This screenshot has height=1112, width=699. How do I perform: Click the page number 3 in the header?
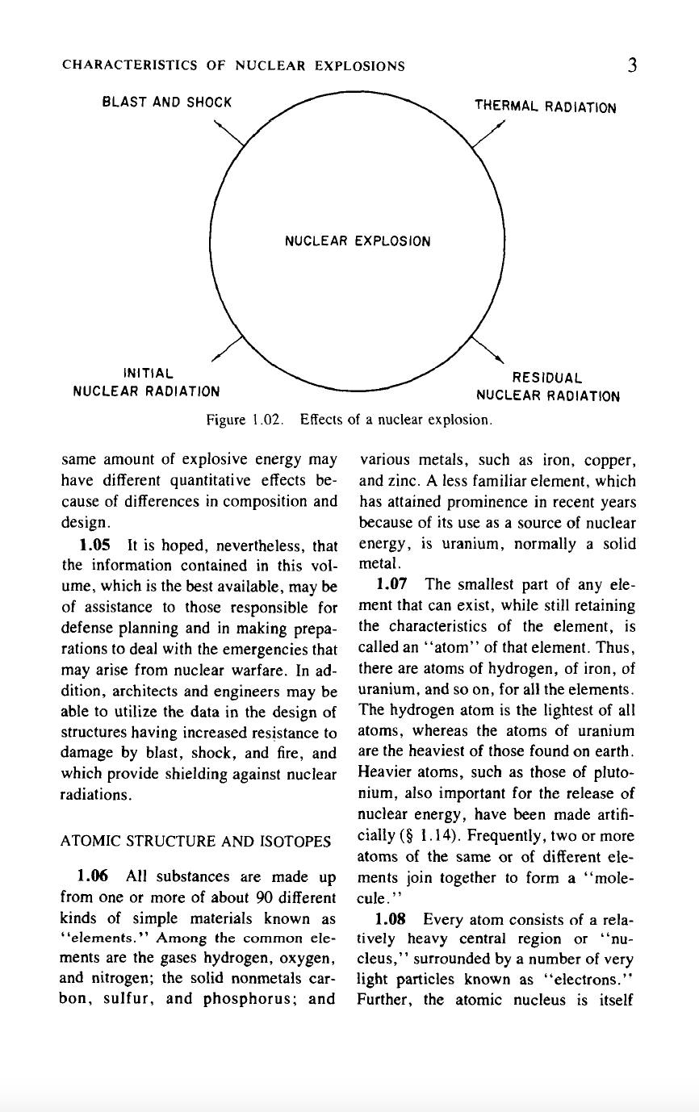(x=631, y=65)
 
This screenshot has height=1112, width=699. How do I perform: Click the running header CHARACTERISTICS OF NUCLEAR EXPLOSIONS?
(x=233, y=66)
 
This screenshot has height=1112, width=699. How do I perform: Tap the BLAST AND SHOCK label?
(x=167, y=102)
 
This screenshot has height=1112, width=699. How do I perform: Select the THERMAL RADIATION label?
(x=545, y=107)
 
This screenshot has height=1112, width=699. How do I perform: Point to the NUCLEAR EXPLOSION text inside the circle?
(x=358, y=241)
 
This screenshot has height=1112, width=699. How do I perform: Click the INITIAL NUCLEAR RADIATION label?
(x=146, y=383)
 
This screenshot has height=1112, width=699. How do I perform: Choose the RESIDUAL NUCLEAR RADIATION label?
(x=547, y=387)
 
